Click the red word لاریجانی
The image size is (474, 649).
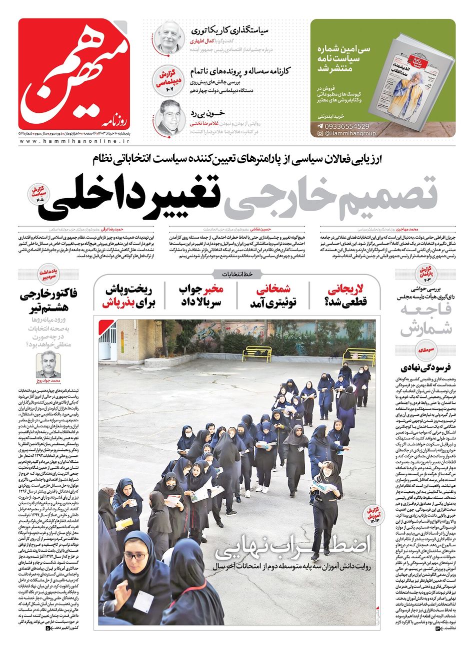point(345,289)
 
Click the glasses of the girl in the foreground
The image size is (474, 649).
point(135,556)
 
